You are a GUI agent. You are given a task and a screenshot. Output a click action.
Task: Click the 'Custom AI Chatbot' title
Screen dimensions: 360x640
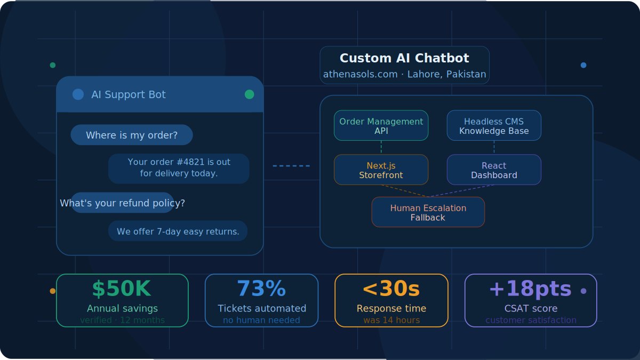(x=404, y=58)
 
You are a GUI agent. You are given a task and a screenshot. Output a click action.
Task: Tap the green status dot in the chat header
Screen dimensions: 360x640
(x=249, y=94)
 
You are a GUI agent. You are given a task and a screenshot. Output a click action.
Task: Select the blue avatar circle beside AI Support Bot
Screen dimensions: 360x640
(x=78, y=94)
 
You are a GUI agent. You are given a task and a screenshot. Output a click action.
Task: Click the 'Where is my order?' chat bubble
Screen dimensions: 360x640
(x=132, y=135)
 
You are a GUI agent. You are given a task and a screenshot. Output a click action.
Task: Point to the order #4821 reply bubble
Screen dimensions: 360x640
(x=179, y=168)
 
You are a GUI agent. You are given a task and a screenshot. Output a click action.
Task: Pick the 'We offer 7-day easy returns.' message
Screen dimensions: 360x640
(x=178, y=231)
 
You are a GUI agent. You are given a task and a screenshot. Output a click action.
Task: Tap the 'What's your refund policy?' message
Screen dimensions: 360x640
(x=123, y=203)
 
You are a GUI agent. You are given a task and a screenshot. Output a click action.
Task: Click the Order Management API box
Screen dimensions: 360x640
(x=381, y=126)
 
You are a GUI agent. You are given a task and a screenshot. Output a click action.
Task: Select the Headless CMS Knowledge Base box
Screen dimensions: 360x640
(x=494, y=126)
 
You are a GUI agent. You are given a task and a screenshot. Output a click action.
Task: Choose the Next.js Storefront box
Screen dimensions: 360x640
(x=381, y=170)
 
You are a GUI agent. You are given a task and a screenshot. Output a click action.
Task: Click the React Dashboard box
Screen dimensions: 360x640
(x=494, y=170)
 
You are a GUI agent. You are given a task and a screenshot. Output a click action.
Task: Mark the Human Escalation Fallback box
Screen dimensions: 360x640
(x=428, y=212)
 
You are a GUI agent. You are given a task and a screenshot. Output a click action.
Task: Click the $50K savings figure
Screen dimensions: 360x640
(x=122, y=289)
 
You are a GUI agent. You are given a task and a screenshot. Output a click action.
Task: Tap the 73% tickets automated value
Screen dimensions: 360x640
(x=261, y=289)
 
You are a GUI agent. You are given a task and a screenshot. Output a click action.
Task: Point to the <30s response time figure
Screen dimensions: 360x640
(x=391, y=289)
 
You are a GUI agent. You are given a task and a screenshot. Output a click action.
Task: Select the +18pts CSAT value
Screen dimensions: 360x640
(x=530, y=289)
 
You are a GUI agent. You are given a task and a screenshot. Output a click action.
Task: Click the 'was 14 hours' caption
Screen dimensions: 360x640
(x=391, y=321)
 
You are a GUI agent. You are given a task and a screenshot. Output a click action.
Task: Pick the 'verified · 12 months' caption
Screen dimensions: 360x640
(x=122, y=321)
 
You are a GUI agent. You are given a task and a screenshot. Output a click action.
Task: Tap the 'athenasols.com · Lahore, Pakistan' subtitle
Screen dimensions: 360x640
(x=404, y=74)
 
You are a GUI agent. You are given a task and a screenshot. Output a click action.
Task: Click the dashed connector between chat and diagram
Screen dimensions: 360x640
(x=291, y=166)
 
